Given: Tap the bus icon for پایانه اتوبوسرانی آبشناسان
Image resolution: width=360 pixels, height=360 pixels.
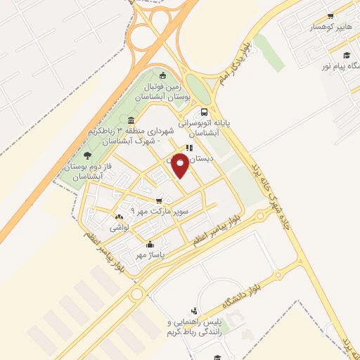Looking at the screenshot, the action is (x=204, y=112).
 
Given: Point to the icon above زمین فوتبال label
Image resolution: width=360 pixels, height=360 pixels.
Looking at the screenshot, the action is (x=163, y=76).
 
